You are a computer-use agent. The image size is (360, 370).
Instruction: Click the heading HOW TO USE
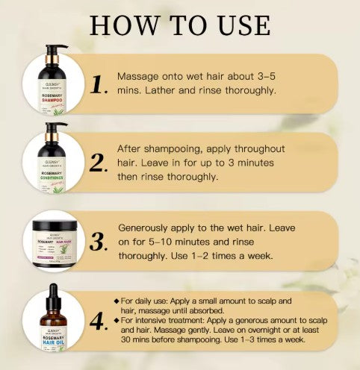[x=180, y=24]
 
